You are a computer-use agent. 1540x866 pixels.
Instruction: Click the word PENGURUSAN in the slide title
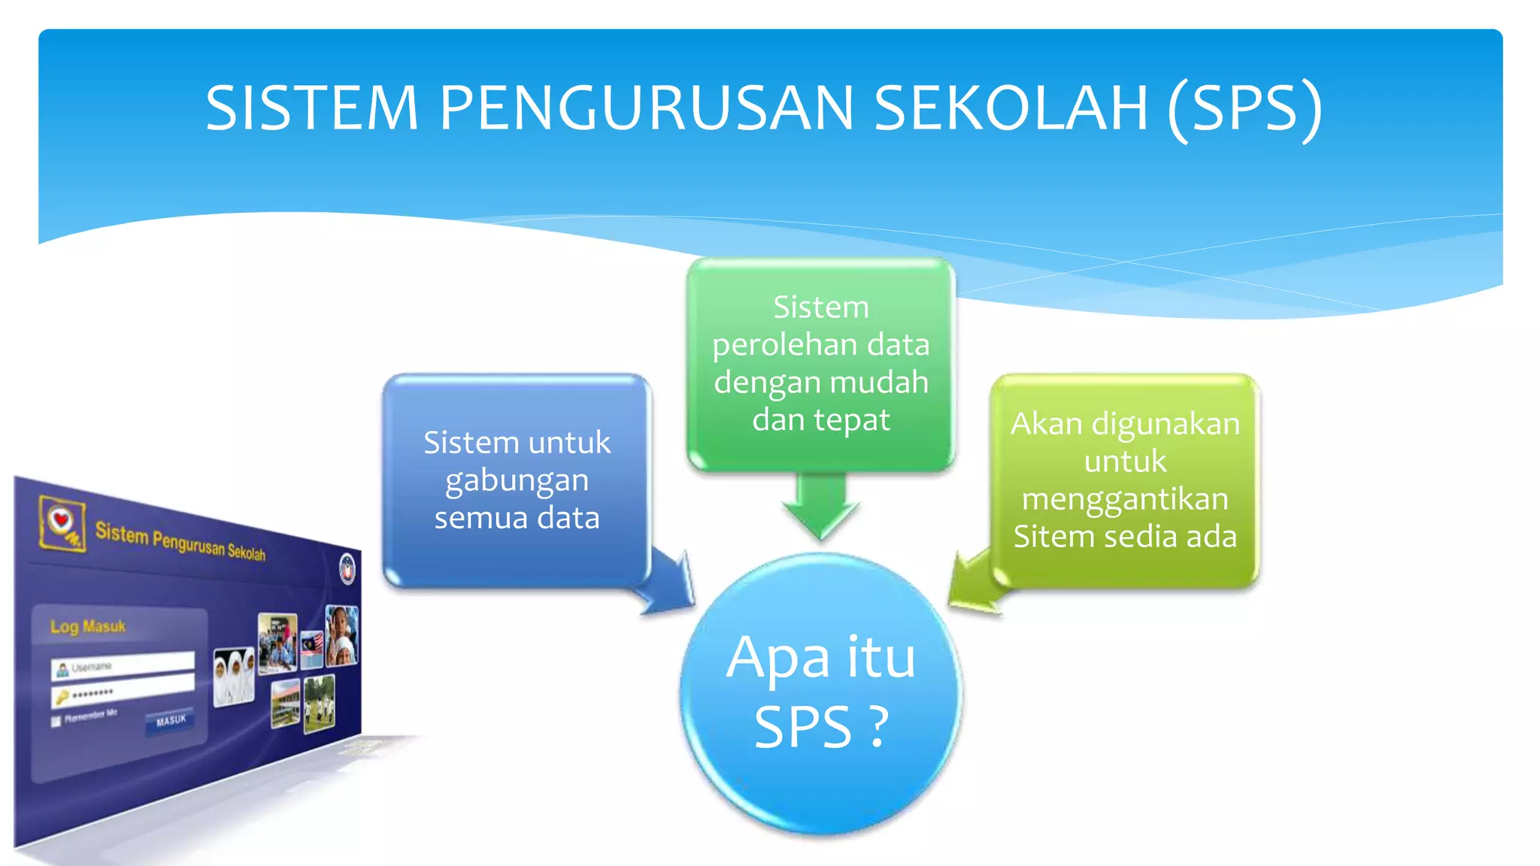pyautogui.click(x=646, y=108)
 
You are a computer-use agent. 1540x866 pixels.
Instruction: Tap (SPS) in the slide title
pyautogui.click(x=1244, y=108)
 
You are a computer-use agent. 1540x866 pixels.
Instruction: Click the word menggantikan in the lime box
pyautogui.click(x=1125, y=499)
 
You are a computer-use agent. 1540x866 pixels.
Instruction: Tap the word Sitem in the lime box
pyautogui.click(x=1050, y=537)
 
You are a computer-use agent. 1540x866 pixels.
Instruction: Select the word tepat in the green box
pyautogui.click(x=853, y=420)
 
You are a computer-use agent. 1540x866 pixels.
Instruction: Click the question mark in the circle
pyautogui.click(x=876, y=728)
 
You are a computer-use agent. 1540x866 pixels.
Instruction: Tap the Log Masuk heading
pyautogui.click(x=87, y=626)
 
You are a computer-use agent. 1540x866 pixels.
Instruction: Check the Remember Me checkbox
pyautogui.click(x=56, y=722)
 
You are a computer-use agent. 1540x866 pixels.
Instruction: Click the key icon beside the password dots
pyautogui.click(x=62, y=697)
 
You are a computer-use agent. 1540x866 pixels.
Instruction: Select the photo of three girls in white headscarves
pyautogui.click(x=234, y=676)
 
